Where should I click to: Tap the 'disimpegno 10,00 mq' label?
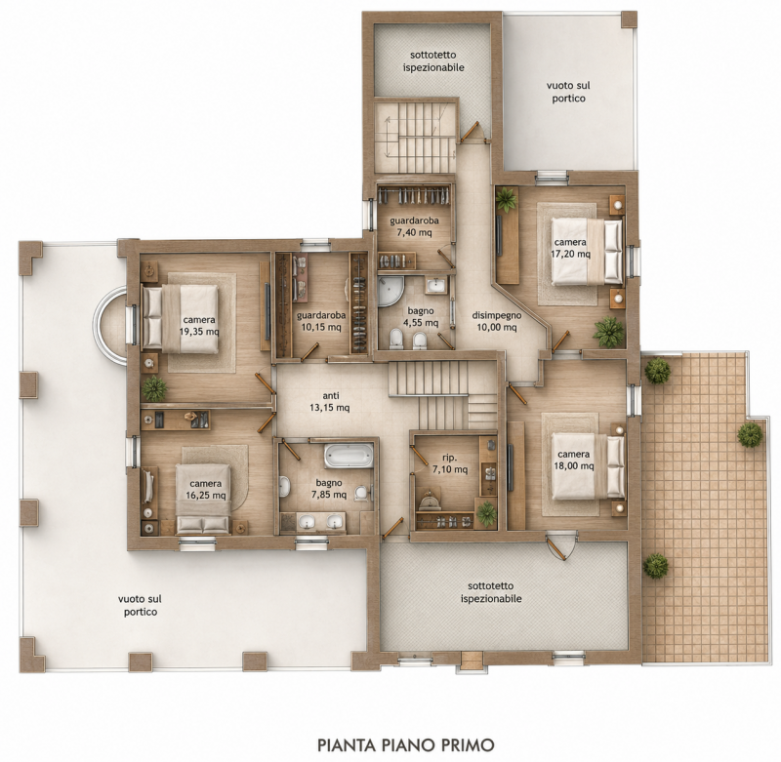[x=497, y=321]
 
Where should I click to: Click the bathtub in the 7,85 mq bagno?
[x=349, y=456]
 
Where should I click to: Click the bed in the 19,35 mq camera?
[x=181, y=319]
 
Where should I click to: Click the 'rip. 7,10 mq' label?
[x=450, y=462]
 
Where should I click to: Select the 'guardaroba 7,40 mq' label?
[x=414, y=226]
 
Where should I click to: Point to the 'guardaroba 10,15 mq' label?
[x=321, y=321]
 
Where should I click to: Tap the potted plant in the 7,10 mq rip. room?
[x=486, y=513]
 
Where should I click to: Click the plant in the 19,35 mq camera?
[x=154, y=388]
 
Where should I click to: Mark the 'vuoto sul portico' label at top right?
[x=568, y=92]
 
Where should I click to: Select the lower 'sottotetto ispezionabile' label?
[x=491, y=592]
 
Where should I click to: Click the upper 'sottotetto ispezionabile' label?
[x=433, y=60]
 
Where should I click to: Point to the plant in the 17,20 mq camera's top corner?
[x=507, y=200]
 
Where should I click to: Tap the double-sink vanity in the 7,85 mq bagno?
[x=320, y=522]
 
